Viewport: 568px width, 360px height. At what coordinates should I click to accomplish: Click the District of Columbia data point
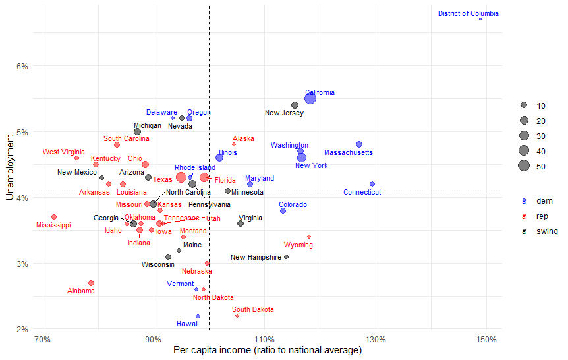(x=480, y=19)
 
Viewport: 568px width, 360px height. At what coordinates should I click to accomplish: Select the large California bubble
(x=310, y=98)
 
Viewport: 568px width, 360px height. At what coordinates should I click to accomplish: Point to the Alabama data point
(x=91, y=283)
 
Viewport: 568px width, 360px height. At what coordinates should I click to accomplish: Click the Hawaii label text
(x=188, y=324)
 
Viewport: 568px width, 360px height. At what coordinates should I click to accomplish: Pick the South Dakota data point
(x=237, y=316)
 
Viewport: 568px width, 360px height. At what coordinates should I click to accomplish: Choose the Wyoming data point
(x=309, y=237)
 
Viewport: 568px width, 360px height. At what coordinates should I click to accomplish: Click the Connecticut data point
(x=372, y=184)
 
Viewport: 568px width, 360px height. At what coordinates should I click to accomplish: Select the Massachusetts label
(x=348, y=153)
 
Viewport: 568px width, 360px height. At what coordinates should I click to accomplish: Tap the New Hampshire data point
(x=286, y=256)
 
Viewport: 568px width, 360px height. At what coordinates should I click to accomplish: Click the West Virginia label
(x=64, y=152)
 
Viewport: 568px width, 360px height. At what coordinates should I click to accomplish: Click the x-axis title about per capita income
(x=268, y=350)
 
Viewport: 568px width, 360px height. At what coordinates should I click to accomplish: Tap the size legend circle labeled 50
(x=524, y=165)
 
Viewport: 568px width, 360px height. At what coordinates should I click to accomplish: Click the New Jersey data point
(x=295, y=105)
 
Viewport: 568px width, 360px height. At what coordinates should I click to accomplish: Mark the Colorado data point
(x=283, y=210)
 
